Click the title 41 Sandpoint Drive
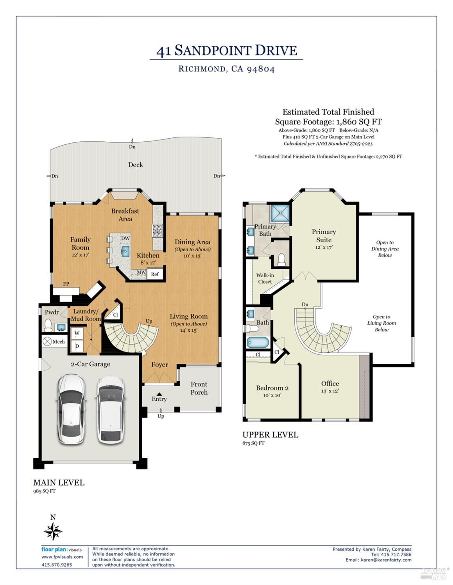tap(226, 51)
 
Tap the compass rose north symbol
tap(53, 531)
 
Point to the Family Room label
tap(81, 244)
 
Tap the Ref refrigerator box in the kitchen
tap(155, 274)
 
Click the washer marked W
tap(77, 333)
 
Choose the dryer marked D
tap(77, 346)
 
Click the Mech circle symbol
tap(47, 341)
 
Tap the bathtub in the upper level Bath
tap(258, 342)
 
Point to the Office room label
tap(330, 383)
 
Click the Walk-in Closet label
tap(265, 278)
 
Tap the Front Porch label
tap(199, 388)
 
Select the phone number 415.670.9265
tap(57, 564)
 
